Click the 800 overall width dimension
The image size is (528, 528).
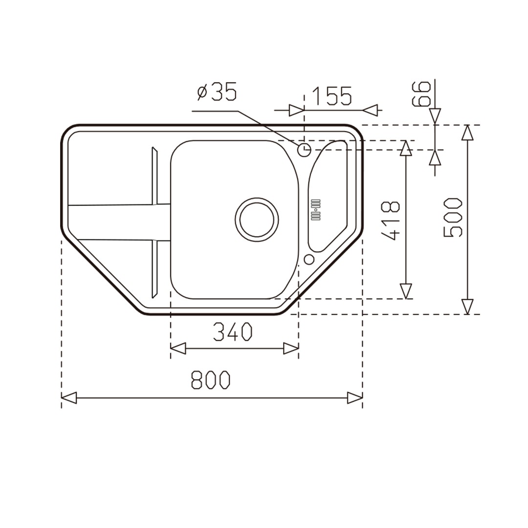coord(210,380)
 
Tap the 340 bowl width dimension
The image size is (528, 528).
coord(233,331)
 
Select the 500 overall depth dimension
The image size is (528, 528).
coord(453,218)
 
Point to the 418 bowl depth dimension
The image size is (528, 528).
coord(391,221)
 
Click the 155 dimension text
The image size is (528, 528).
coord(332,96)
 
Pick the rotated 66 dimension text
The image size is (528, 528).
coord(421,93)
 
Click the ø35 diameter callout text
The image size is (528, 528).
coord(217,91)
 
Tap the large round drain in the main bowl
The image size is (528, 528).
coord(257,220)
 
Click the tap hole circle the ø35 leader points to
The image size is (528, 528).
coord(305,150)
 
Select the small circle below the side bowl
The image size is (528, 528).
coord(309,259)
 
